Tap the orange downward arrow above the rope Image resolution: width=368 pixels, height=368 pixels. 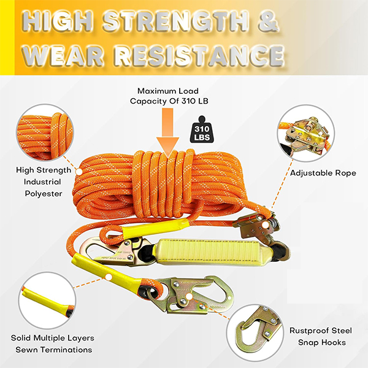point(168,132)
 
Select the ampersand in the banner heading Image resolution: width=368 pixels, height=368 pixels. point(269,21)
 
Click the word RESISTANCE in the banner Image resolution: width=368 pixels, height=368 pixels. point(199,56)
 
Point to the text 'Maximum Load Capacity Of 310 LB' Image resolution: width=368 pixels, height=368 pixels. point(169,96)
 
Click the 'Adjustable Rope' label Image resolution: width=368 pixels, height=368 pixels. point(323,173)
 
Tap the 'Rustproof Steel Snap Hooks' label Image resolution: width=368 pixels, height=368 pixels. point(321,336)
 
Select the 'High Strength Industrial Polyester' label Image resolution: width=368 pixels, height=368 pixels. point(44,182)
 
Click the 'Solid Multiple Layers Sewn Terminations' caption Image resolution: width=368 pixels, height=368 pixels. point(53,344)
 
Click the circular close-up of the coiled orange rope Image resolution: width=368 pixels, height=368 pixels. point(45,132)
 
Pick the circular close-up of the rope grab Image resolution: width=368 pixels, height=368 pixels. point(306,134)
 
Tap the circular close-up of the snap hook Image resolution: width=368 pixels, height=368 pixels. point(255,333)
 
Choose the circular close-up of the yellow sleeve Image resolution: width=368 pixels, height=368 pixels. point(47,301)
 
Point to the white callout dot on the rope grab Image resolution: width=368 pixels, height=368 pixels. point(266,225)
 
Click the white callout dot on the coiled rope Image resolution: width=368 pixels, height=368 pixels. point(79,172)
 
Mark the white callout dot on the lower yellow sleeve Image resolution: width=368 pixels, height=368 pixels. point(109,277)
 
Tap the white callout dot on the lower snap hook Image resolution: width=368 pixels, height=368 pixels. point(189,297)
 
